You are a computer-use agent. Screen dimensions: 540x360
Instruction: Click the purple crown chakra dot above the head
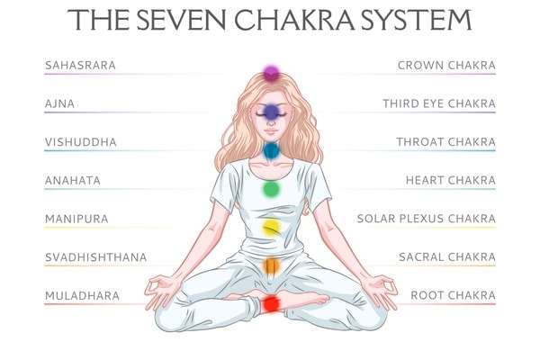click(270, 72)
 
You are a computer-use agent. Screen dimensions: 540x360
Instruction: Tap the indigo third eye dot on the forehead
click(270, 112)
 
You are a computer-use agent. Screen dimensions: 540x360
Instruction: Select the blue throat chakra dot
click(271, 150)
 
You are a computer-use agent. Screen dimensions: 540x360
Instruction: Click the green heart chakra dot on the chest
click(271, 189)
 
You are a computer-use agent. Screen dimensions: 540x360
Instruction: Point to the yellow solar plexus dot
click(271, 227)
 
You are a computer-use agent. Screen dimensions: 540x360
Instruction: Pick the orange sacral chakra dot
click(271, 265)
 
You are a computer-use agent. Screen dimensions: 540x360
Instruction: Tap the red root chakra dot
click(271, 303)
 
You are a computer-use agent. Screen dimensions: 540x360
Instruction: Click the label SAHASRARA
click(80, 66)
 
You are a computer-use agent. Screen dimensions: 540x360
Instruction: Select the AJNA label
click(60, 104)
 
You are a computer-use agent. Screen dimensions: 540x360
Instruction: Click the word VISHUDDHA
click(81, 142)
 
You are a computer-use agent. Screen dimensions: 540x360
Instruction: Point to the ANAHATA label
click(73, 181)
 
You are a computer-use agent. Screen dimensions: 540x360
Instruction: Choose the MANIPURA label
click(76, 219)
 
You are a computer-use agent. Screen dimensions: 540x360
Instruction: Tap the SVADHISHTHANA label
click(95, 257)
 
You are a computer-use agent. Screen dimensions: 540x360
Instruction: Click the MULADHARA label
click(81, 295)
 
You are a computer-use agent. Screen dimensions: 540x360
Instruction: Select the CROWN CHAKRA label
click(446, 66)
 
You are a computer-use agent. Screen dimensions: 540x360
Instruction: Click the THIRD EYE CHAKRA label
click(438, 104)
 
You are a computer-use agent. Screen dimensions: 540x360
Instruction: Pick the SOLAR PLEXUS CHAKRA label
click(426, 219)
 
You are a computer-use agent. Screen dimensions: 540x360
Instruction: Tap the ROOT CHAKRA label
click(453, 295)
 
